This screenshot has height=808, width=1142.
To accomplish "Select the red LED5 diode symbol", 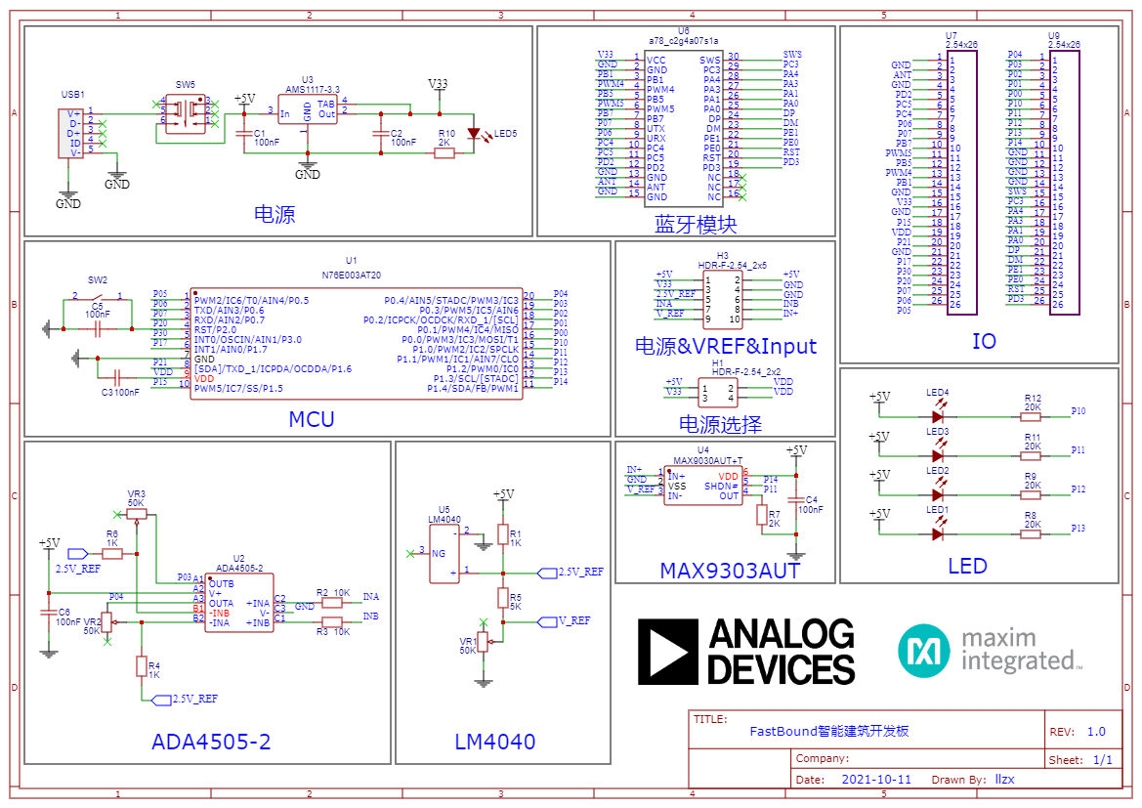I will [x=476, y=133].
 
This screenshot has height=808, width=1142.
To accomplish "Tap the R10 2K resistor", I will [x=444, y=152].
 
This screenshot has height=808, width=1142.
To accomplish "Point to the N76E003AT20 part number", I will [x=352, y=276].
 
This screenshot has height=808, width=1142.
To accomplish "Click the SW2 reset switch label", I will [x=98, y=279].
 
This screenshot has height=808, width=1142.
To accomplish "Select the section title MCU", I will [x=311, y=420].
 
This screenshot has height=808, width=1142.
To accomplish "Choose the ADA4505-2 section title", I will [x=211, y=743].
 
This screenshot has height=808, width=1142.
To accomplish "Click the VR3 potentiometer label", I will [x=137, y=493].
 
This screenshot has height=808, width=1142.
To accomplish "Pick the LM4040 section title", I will [x=495, y=743].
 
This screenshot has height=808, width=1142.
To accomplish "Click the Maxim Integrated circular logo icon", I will [x=924, y=650].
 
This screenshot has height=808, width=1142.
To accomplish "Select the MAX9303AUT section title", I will [x=730, y=571].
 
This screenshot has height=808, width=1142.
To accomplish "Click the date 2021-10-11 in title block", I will [x=875, y=780].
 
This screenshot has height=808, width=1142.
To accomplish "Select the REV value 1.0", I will [x=1095, y=732].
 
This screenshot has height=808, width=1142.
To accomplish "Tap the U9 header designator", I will [x=1054, y=35].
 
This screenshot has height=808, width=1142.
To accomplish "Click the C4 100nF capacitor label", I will [x=810, y=504].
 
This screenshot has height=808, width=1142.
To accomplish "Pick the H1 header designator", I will [x=718, y=362].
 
